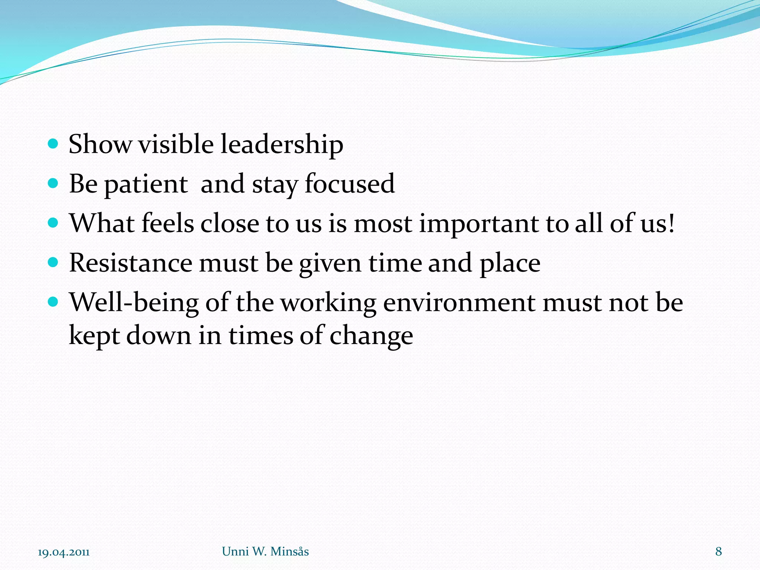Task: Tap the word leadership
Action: point(282,145)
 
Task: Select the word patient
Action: point(146,184)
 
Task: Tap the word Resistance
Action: point(131,263)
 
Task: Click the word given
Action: point(330,264)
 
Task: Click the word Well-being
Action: point(134,303)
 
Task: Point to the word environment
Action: point(459,303)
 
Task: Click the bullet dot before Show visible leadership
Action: point(53,144)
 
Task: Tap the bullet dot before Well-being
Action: point(53,302)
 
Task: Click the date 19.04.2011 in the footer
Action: point(63,552)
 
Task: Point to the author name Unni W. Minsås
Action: point(265,551)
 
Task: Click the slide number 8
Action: point(718,551)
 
